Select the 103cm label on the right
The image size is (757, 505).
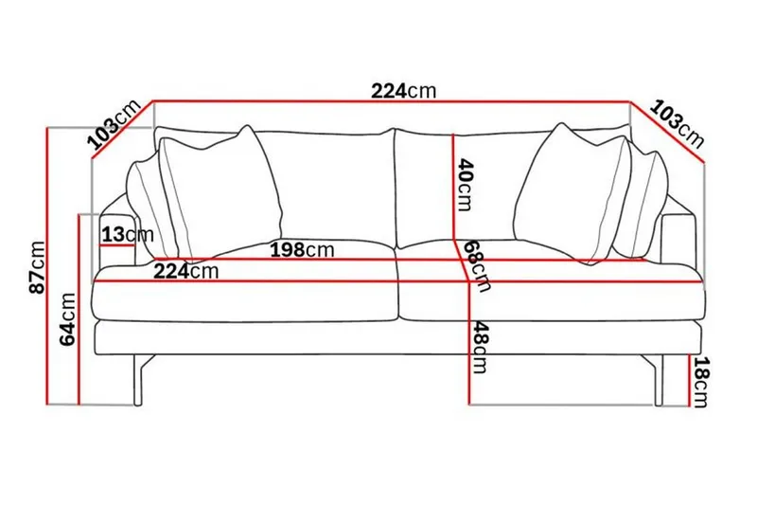click(x=679, y=124)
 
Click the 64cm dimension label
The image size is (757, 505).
click(x=69, y=320)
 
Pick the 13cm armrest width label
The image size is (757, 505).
click(x=127, y=234)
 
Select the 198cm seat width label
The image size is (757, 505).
click(x=302, y=250)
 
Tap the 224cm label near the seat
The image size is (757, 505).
click(x=186, y=272)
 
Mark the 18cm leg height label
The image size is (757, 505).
click(x=701, y=382)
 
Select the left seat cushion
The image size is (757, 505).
click(x=246, y=294)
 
